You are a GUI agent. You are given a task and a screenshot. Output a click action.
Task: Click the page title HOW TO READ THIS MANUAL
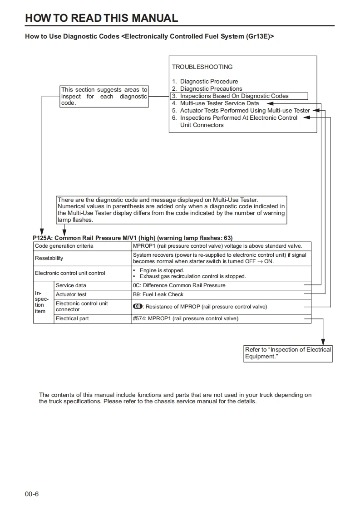101,18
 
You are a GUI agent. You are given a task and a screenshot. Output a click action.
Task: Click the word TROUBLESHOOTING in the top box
202,67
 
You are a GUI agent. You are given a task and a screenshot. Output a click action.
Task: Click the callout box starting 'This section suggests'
104,97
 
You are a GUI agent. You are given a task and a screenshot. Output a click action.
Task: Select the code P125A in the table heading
42,238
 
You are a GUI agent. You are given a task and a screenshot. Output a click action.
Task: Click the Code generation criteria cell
64,246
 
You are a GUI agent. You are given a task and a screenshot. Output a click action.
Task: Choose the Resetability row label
49,258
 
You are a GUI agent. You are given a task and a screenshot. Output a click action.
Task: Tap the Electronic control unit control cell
70,273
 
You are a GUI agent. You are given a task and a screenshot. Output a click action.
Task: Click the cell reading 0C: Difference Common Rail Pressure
179,285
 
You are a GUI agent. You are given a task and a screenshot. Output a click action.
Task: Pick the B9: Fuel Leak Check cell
158,294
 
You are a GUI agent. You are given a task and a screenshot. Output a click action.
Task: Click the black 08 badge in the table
138,307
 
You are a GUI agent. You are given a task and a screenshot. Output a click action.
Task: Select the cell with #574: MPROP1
185,318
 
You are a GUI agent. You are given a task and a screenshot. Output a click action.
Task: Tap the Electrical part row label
72,318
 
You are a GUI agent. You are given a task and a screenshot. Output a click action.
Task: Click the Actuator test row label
71,294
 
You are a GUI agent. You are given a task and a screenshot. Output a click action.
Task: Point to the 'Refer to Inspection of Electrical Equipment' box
288,353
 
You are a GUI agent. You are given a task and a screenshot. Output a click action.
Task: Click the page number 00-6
32,494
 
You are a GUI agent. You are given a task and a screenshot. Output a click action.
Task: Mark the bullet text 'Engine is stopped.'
162,270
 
